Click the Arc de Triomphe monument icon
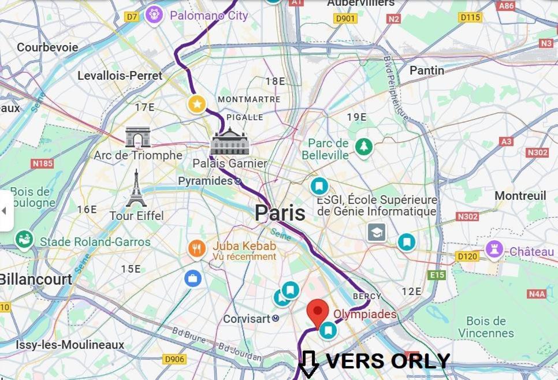click(x=137, y=137)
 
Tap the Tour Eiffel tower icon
click(x=136, y=189)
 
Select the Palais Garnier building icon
click(x=230, y=142)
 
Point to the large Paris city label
click(x=280, y=213)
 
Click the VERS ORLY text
click(x=388, y=361)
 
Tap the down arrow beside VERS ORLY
click(x=308, y=364)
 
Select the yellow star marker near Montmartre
click(x=197, y=105)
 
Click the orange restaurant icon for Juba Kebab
click(x=197, y=249)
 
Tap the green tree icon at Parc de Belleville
click(x=363, y=147)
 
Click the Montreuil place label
click(x=520, y=196)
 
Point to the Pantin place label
click(x=427, y=70)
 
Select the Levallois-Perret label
click(x=120, y=76)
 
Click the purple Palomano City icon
click(x=154, y=15)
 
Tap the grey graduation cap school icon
click(x=377, y=232)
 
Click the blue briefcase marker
click(x=193, y=278)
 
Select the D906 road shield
click(x=174, y=359)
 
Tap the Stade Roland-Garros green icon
click(x=24, y=239)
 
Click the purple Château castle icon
click(x=494, y=250)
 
